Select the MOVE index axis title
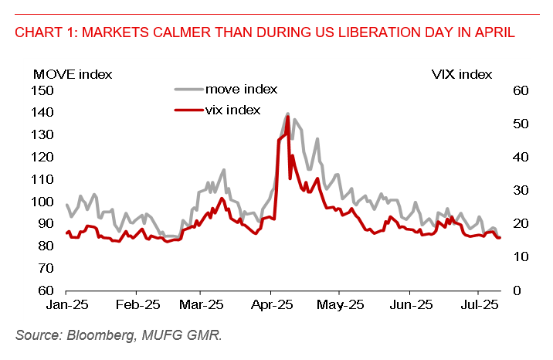(73, 74)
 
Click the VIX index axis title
(461, 74)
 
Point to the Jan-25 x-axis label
(67, 305)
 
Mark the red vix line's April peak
(287, 117)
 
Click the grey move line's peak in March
(224, 170)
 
